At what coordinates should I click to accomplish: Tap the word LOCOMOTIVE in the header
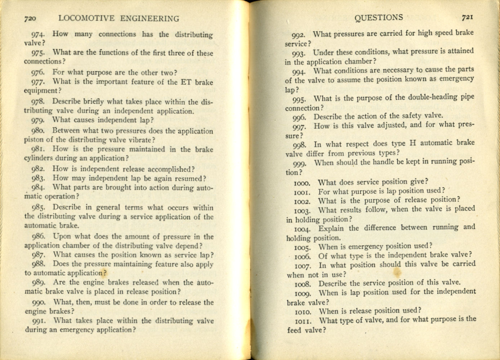coord(86,19)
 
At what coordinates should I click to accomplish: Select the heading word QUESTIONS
coord(379,18)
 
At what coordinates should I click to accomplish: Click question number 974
coord(38,35)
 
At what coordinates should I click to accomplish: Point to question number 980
coord(38,131)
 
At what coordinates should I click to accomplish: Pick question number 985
coord(38,208)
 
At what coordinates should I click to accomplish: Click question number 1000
coord(303,183)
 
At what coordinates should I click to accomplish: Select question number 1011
coord(303,320)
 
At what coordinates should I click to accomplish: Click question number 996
coord(299,117)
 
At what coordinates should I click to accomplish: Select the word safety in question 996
coord(400,116)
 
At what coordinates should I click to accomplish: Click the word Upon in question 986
coord(62,237)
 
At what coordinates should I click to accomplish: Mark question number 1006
coord(303,257)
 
